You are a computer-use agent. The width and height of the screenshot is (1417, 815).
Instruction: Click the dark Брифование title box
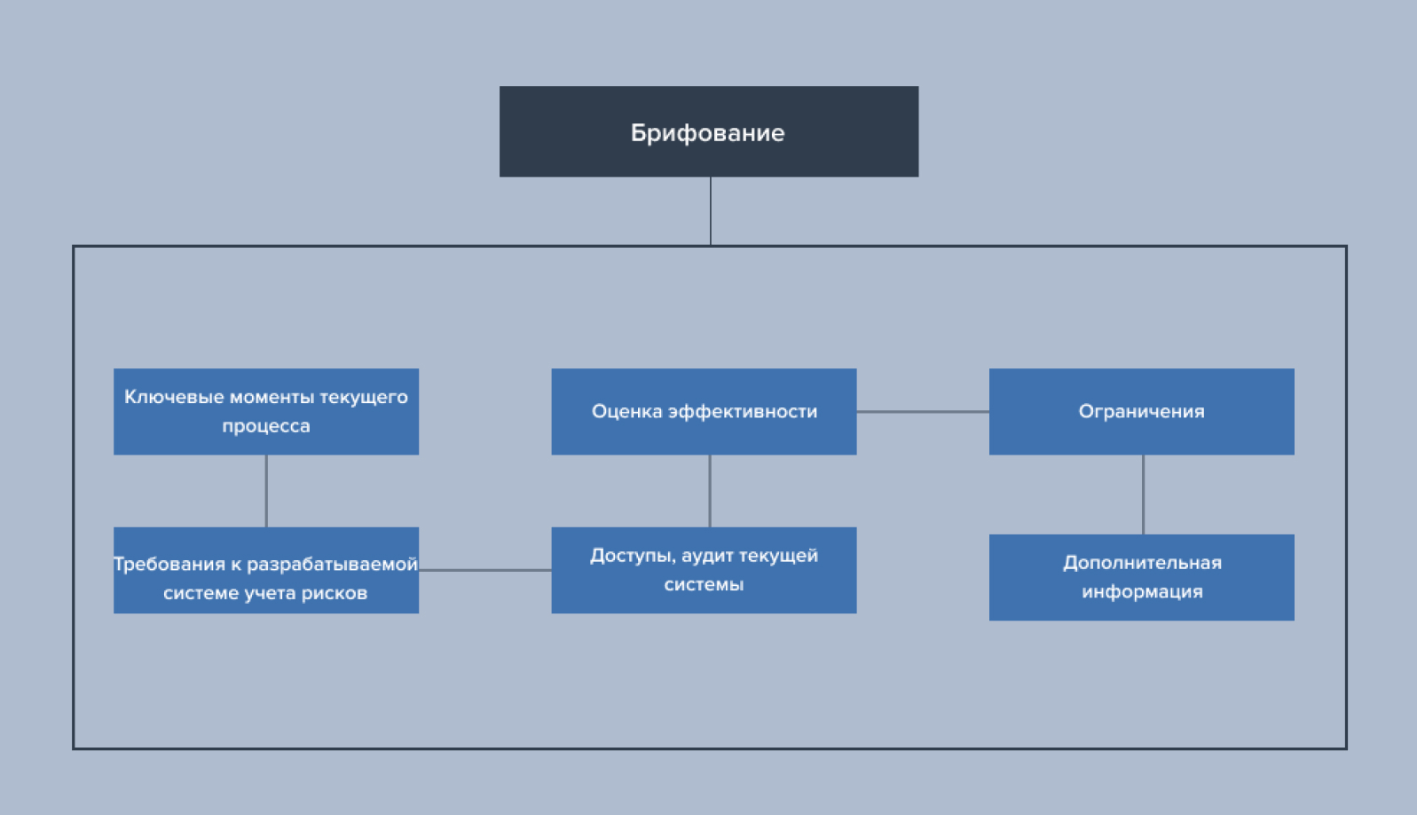click(x=708, y=131)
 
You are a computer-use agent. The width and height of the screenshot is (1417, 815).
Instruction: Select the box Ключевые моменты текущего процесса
click(x=266, y=411)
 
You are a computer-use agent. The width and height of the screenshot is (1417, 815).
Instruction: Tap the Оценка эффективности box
click(x=704, y=411)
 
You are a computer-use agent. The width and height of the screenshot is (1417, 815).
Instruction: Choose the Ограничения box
click(x=1141, y=411)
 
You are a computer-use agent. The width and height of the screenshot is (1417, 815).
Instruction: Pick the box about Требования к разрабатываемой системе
click(x=266, y=570)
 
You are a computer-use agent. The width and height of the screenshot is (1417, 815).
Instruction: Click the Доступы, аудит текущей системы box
click(x=704, y=570)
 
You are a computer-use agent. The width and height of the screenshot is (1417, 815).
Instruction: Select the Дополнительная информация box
click(x=1141, y=577)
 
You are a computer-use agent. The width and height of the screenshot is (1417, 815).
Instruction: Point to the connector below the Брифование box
click(x=711, y=211)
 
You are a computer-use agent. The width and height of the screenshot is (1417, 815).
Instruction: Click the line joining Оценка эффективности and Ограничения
click(x=923, y=412)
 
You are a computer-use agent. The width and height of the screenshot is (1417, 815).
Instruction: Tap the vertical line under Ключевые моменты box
click(x=266, y=491)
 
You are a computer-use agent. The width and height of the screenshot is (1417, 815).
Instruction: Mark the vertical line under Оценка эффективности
click(x=710, y=491)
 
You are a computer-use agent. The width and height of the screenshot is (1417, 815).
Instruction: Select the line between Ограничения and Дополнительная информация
click(x=1143, y=495)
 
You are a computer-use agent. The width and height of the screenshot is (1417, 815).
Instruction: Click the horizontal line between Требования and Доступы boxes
click(x=485, y=570)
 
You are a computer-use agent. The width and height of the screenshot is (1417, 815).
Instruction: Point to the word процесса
click(x=266, y=426)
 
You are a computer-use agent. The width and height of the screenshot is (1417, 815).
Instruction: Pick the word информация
click(x=1142, y=592)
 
